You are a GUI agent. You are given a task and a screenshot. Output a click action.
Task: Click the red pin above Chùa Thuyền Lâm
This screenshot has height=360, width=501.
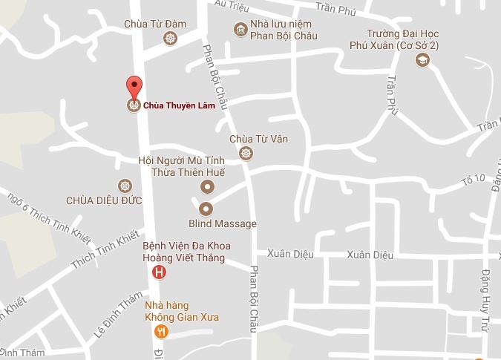tap(134, 86)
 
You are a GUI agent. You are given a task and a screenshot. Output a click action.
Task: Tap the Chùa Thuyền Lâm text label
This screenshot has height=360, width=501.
tap(174, 105)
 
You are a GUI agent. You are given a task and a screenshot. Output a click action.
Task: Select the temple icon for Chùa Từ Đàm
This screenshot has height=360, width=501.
tap(171, 39)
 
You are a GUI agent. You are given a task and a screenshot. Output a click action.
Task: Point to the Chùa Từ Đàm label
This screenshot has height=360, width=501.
tap(156, 24)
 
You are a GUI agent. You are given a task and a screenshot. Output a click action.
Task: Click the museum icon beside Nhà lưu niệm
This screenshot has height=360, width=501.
tap(240, 30)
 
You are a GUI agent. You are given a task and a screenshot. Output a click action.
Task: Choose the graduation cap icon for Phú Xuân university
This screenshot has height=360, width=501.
tap(422, 60)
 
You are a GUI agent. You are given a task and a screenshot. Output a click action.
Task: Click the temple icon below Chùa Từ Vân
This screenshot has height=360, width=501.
tap(247, 154)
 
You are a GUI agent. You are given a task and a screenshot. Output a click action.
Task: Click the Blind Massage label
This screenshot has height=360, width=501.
tap(222, 223)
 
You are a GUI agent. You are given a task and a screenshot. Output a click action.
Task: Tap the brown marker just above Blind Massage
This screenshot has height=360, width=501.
tap(206, 209)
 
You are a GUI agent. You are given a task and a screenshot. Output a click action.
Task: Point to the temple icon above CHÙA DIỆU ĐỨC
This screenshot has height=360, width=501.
tap(124, 185)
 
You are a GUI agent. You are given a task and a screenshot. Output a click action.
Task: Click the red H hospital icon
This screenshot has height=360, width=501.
tap(159, 273)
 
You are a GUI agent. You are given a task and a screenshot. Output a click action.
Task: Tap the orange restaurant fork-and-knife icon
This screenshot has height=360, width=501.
tap(162, 332)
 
